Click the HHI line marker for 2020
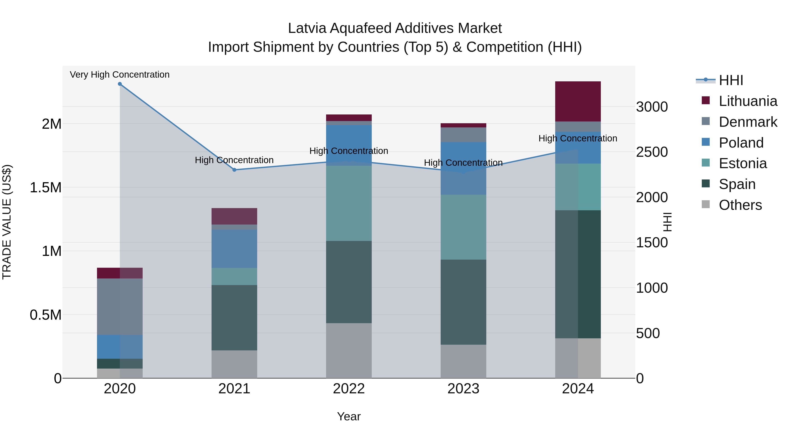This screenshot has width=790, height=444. [120, 84]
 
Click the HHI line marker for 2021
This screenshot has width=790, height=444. [234, 170]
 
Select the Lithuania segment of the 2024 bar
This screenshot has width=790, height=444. [578, 102]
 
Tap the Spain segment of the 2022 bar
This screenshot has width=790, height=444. [349, 282]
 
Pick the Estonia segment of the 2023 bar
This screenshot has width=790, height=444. [463, 227]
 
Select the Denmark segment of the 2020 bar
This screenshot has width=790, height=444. [120, 307]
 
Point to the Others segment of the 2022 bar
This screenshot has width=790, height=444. [349, 351]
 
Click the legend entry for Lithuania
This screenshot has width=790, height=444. [747, 101]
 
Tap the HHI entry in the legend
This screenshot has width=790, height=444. [731, 80]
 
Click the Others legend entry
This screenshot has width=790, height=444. [740, 205]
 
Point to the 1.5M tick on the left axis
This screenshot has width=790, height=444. [46, 187]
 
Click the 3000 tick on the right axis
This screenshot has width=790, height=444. [652, 107]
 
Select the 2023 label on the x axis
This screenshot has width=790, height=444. [463, 389]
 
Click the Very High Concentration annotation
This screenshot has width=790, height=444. [120, 75]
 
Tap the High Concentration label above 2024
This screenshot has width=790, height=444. [578, 138]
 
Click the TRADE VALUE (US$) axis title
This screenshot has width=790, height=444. [7, 222]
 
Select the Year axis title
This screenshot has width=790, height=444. [349, 416]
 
